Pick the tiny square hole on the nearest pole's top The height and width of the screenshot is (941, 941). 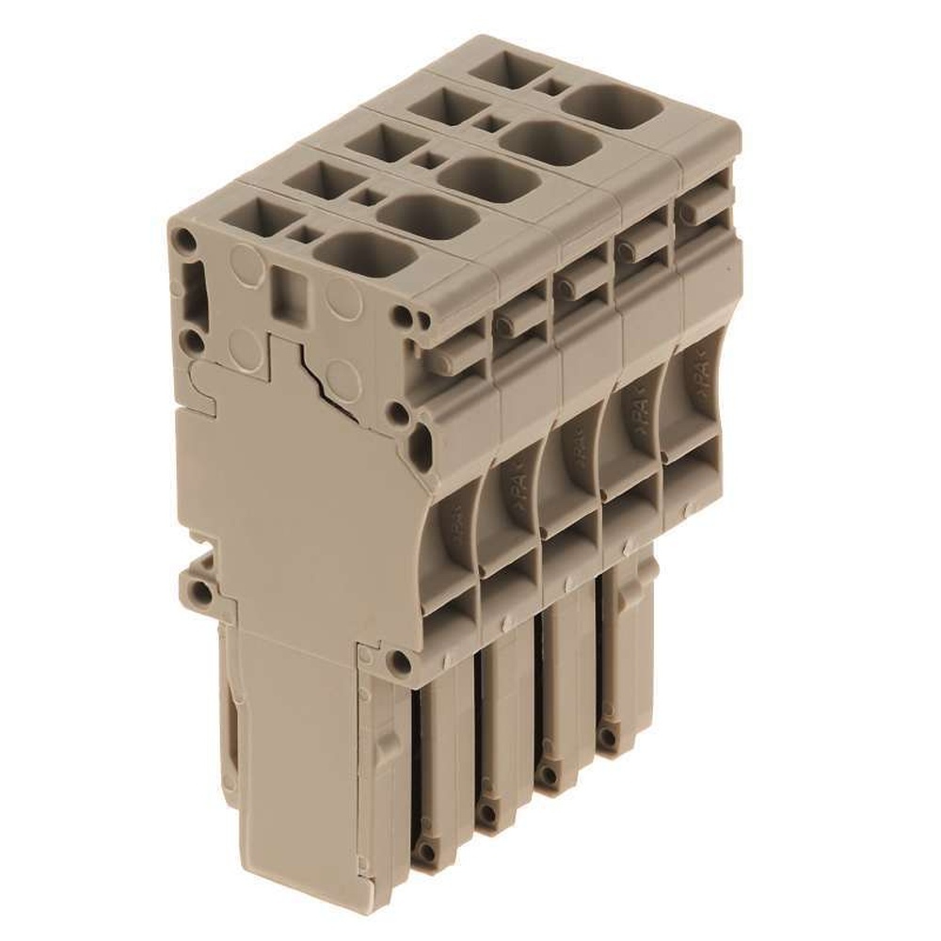tap(303, 231)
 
